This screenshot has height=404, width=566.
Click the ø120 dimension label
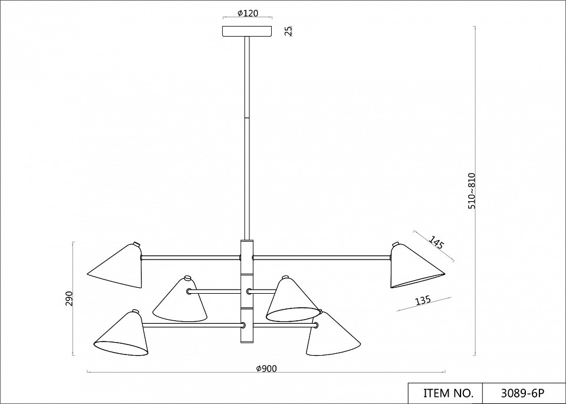tap(248, 14)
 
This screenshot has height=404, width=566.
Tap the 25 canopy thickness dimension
tap(288, 31)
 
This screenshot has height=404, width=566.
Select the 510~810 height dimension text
tap(472, 191)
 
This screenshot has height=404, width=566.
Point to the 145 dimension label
tap(436, 242)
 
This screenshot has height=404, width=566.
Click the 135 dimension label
tap(423, 300)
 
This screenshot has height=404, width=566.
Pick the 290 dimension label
tap(69, 298)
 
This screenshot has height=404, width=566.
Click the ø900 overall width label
tap(266, 369)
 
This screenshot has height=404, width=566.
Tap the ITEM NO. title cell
tap(446, 393)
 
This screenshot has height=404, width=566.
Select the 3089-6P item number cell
tap(524, 393)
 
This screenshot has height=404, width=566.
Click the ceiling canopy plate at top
tap(247, 31)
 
